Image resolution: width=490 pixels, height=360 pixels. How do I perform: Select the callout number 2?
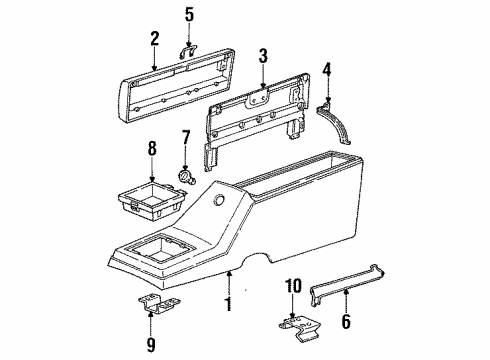pyautogui.click(x=155, y=41)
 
